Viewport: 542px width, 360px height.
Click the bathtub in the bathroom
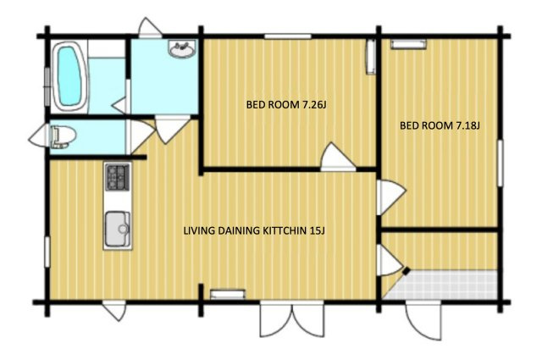(69, 76)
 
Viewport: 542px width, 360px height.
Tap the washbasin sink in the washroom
(182, 49)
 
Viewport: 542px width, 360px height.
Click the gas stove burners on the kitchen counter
(118, 177)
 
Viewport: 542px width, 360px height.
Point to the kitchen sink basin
(118, 229)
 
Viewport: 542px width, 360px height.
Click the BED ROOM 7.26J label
(286, 104)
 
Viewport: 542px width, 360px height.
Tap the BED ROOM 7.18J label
(440, 125)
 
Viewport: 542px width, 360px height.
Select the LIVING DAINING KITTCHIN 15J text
(254, 230)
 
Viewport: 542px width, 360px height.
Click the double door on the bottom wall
(291, 318)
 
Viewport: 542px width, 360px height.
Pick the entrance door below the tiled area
(423, 320)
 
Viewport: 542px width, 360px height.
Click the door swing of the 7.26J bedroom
(338, 158)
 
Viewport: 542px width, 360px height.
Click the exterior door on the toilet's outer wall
(38, 136)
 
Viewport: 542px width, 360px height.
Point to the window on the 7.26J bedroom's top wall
(288, 36)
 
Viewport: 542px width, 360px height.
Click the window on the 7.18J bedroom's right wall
(500, 163)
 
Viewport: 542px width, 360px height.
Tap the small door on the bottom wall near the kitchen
(114, 310)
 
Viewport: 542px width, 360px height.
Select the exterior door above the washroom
(150, 27)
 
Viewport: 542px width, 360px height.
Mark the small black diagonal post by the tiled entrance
(406, 271)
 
